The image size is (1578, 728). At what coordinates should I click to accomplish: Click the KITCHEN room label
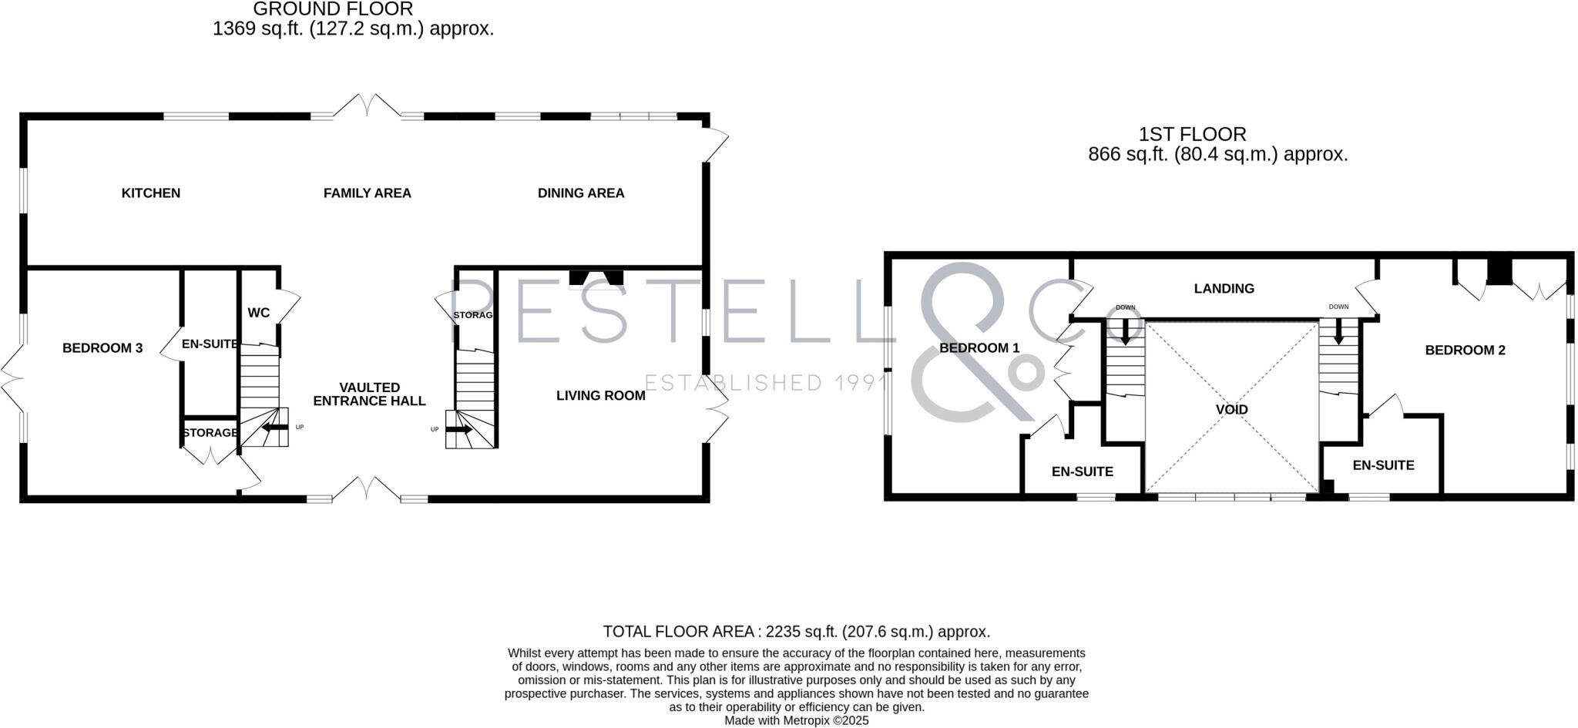tap(151, 193)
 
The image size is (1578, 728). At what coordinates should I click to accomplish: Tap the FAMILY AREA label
tap(367, 193)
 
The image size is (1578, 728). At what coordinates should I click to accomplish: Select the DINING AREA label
tap(581, 193)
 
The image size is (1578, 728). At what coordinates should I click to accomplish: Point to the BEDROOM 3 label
tap(102, 348)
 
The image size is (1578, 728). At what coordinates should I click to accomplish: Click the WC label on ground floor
tap(259, 313)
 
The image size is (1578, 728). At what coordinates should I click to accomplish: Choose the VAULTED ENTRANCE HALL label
tap(369, 394)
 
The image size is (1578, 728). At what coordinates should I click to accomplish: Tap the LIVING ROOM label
tap(601, 396)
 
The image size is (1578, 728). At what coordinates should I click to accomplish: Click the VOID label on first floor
tap(1231, 410)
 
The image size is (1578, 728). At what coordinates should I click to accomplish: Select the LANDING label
tap(1224, 289)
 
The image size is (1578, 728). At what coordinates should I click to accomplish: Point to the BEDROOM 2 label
tap(1465, 351)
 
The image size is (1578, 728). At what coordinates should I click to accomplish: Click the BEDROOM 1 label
tap(979, 348)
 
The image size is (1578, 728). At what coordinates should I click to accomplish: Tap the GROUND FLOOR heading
tap(333, 9)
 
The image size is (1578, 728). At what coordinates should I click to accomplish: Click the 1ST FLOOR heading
tap(1192, 134)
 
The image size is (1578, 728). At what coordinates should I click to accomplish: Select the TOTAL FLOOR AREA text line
tap(796, 632)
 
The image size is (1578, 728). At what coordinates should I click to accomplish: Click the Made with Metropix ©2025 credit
tap(796, 720)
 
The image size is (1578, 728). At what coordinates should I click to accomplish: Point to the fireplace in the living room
tap(596, 278)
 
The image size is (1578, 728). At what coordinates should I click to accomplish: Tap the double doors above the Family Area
tap(367, 106)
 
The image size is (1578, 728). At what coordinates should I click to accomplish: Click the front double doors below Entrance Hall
tap(367, 489)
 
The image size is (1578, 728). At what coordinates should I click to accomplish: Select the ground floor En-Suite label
tap(210, 344)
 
